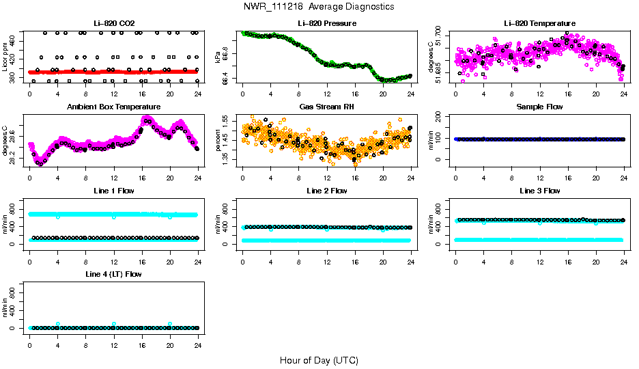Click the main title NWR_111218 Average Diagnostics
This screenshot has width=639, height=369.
pos(319,6)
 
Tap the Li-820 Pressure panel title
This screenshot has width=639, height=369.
pos(326,23)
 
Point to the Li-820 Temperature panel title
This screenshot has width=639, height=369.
pos(539,23)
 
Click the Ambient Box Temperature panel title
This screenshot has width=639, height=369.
pos(113,107)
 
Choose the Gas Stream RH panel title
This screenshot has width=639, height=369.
pos(326,107)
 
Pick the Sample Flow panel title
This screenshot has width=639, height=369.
pos(539,107)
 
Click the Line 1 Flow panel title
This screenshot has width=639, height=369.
pos(113,190)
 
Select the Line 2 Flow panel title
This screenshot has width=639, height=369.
pos(326,190)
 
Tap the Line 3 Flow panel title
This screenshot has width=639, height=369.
pos(539,190)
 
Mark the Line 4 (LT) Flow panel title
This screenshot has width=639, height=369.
pos(113,273)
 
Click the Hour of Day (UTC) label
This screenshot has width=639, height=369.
pos(319,359)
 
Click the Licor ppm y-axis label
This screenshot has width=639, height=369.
pos(5,57)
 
